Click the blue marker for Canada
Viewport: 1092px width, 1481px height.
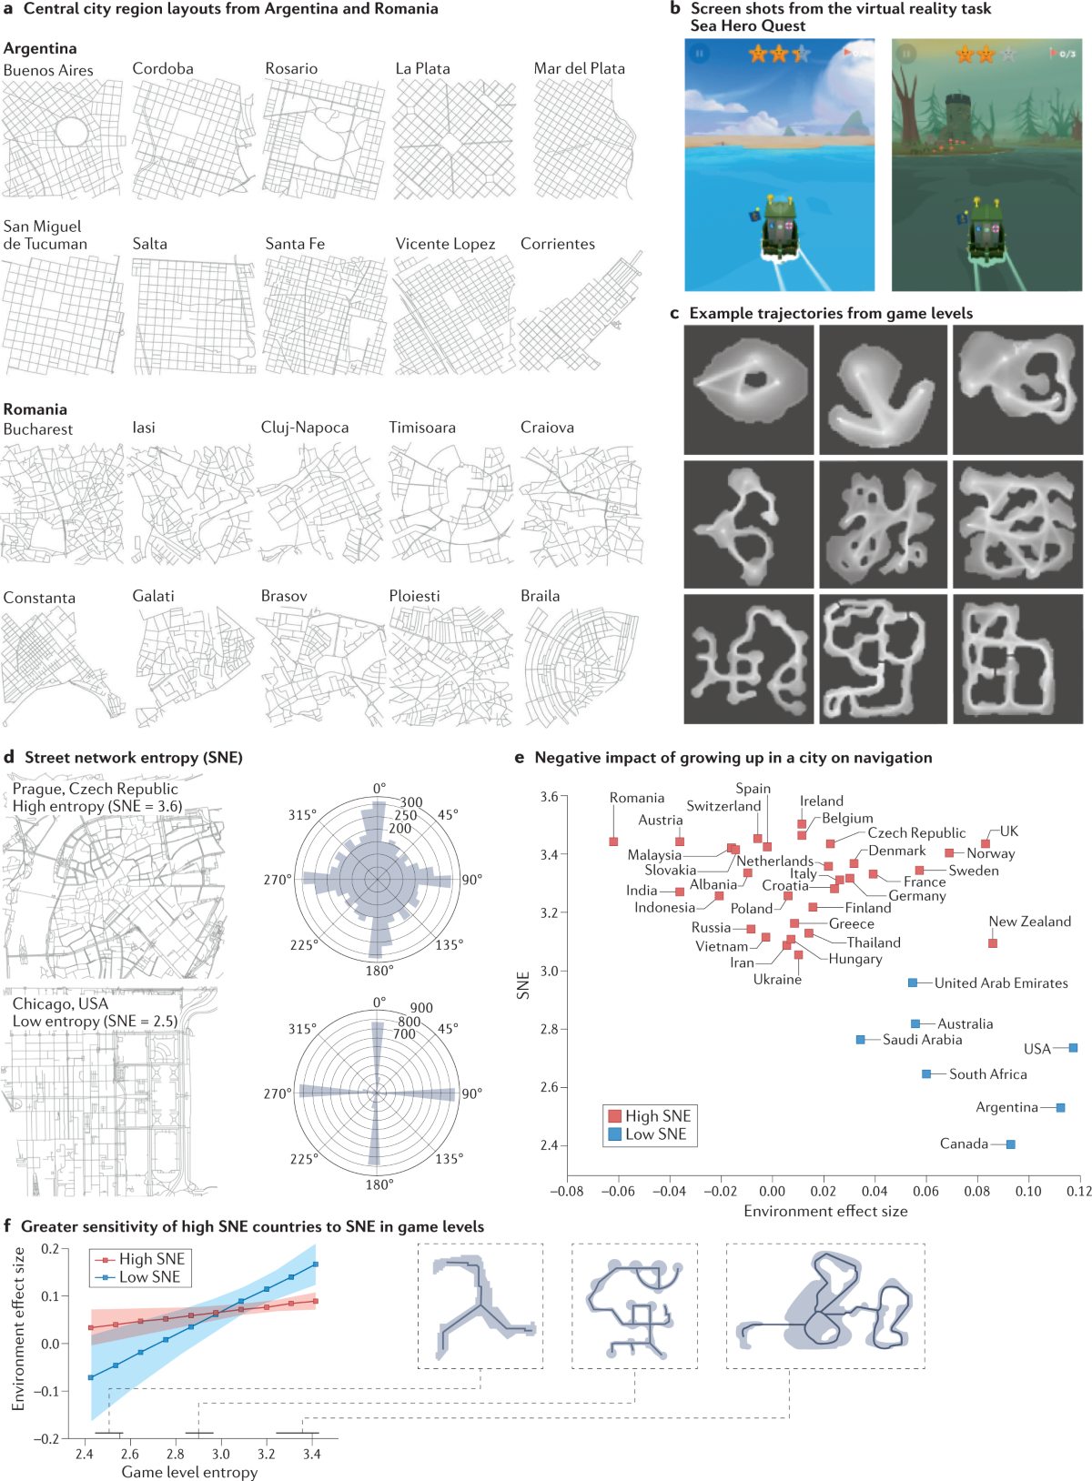1010,1143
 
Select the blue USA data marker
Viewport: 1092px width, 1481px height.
1073,1048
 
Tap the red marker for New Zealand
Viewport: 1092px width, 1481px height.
993,942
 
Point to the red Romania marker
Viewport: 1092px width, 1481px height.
613,841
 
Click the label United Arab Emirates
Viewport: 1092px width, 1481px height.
1001,982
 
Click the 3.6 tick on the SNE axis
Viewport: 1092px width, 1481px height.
550,797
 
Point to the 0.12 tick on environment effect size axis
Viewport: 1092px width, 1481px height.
1079,1191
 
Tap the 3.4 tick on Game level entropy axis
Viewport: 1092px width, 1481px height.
312,1454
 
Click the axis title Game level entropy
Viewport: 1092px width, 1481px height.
189,1472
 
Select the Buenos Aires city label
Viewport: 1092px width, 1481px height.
48,70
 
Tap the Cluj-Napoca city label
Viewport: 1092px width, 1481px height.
305,428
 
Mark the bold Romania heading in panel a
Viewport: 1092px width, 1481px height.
35,409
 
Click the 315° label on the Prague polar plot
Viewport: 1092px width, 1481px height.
302,814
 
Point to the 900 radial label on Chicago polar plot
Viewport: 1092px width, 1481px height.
421,1007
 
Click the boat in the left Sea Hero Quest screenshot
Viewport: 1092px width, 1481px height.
780,232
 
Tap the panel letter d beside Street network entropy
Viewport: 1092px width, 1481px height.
9,757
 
